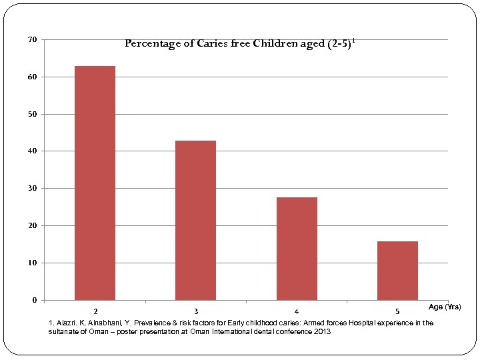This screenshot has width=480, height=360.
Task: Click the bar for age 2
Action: click(x=95, y=183)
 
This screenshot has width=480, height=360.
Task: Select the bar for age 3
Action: click(x=195, y=220)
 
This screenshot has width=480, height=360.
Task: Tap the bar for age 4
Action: click(x=297, y=248)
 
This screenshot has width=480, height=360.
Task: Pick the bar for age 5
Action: click(x=397, y=270)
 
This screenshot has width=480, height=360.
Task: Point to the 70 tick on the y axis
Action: click(x=32, y=40)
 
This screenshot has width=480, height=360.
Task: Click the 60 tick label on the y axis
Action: click(x=32, y=77)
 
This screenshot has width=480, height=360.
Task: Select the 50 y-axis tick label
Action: click(x=32, y=115)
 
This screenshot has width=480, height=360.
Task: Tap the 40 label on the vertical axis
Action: click(x=32, y=151)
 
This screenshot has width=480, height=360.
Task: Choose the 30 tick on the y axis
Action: click(x=32, y=189)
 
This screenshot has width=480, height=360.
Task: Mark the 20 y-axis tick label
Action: click(x=32, y=226)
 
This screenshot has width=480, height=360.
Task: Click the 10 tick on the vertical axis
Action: click(x=32, y=263)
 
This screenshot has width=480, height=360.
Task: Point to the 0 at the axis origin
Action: click(x=34, y=300)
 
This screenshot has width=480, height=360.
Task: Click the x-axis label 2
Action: click(x=95, y=311)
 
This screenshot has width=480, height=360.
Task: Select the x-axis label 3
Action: click(x=195, y=311)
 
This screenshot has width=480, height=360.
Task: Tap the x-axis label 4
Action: click(x=297, y=311)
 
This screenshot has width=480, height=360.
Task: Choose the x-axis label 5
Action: click(x=397, y=311)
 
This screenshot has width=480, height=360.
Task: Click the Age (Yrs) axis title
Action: click(x=444, y=307)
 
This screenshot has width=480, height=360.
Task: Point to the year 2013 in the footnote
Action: click(x=321, y=331)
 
